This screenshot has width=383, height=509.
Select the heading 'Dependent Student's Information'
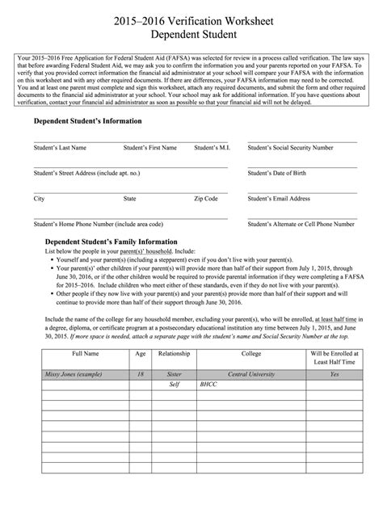point(87,120)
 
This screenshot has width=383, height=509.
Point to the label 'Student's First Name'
point(149,149)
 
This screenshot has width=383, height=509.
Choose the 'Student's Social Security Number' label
point(290,149)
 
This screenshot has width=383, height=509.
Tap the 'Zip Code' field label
point(206,198)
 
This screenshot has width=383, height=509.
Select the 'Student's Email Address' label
point(279,198)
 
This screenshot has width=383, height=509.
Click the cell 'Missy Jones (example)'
point(71,375)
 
